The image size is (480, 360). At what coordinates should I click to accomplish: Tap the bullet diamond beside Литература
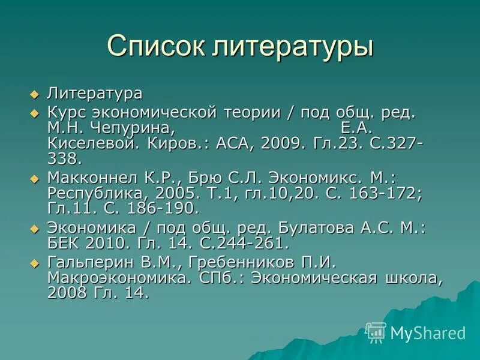point(34,94)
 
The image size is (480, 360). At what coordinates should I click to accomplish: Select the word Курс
point(65,113)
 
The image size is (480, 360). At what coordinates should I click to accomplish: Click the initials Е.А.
point(357,128)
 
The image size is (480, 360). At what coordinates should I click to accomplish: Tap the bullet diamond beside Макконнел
point(34,178)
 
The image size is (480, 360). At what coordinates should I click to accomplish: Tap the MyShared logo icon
point(376,332)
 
